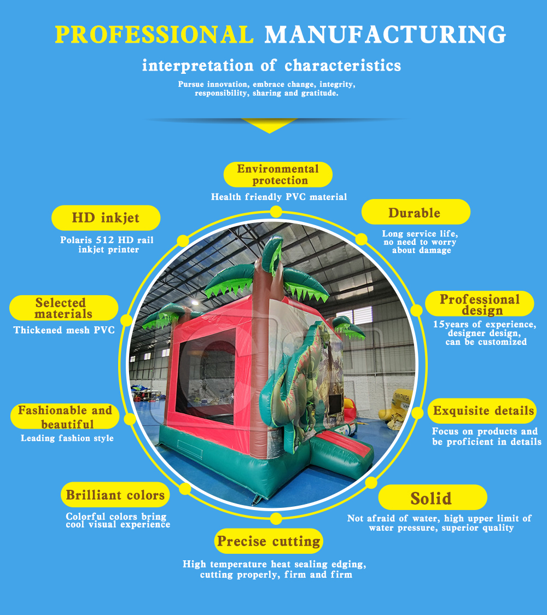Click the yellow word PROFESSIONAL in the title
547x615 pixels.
(x=154, y=34)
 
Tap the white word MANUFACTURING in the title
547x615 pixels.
(x=385, y=34)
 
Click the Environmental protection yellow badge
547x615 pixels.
(x=278, y=174)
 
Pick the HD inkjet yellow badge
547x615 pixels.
(x=106, y=218)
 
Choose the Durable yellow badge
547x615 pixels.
(x=416, y=212)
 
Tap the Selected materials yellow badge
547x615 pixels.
(x=63, y=308)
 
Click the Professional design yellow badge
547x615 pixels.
(x=480, y=304)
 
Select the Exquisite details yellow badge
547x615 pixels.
(x=482, y=411)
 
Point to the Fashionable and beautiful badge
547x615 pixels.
(x=65, y=417)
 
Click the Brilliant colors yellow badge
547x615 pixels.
(x=115, y=495)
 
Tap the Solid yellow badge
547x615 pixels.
(x=433, y=497)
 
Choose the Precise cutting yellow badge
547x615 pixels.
(x=269, y=541)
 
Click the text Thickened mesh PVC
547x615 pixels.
(x=64, y=330)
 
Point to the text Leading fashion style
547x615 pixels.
(x=67, y=438)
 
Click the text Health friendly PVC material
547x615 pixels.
(x=279, y=197)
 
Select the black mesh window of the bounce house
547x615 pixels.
(x=205, y=377)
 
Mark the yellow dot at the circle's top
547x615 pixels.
(x=276, y=212)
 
